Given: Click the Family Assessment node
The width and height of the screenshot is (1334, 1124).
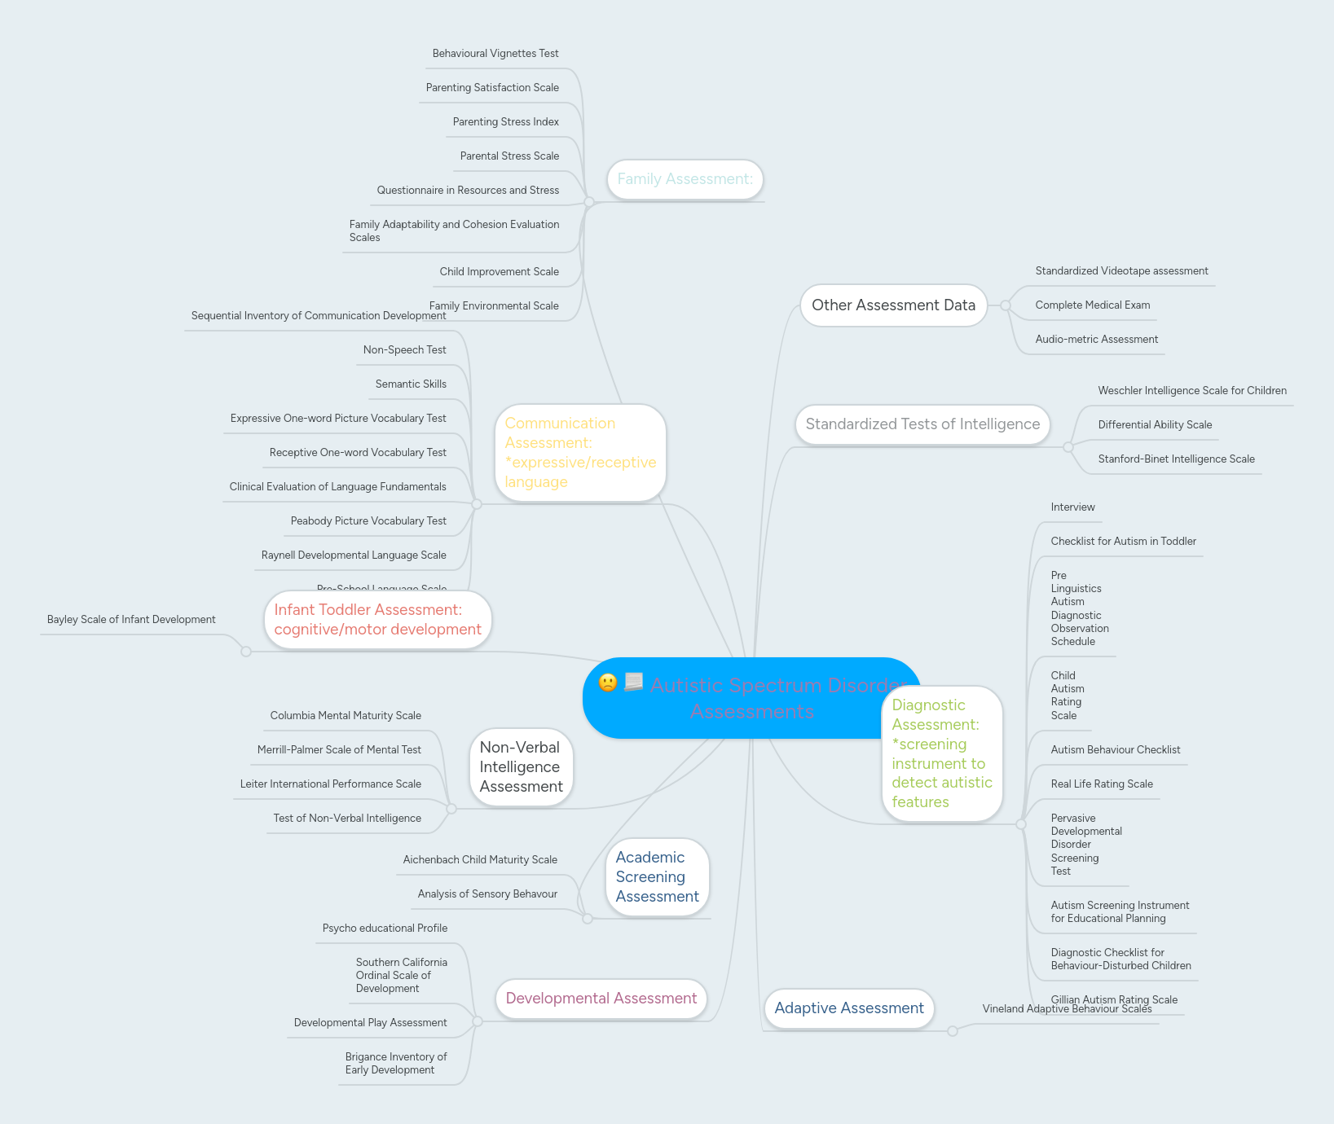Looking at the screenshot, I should [685, 179].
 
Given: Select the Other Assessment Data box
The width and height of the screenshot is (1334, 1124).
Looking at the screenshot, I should [893, 305].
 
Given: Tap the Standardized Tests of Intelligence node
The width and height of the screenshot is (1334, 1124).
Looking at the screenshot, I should [922, 424].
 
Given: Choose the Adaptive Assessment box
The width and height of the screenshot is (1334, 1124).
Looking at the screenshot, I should [848, 1008].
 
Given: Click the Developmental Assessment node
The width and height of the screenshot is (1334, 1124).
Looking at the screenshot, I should [601, 999].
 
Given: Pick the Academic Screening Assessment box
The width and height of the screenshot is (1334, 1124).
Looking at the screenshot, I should [657, 877].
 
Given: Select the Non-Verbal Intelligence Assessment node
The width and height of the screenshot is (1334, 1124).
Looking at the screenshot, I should [521, 767].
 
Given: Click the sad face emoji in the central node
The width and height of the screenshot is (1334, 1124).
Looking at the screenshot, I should [608, 683].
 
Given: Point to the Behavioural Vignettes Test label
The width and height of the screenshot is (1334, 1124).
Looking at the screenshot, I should [495, 54].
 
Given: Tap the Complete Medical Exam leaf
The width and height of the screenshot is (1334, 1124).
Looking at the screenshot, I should [1092, 305].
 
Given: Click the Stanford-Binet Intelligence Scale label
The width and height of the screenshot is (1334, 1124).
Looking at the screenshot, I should [1176, 459].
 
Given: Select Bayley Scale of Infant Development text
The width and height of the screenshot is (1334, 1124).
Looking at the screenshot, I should [131, 620].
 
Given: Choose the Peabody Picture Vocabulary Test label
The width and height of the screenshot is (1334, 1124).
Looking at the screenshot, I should [368, 521].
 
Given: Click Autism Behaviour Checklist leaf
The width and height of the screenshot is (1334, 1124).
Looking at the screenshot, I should [1115, 750].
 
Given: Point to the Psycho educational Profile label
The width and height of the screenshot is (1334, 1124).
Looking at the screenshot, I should [385, 929].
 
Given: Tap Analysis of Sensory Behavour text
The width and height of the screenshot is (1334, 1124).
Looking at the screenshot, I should [487, 894].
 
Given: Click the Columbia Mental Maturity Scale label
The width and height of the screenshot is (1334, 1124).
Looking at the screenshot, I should [346, 716].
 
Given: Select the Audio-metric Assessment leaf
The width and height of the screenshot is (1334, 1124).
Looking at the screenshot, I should [1096, 340].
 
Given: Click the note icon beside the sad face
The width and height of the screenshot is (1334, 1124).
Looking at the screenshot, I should [634, 682].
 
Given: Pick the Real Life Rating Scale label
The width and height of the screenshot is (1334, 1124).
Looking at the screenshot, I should [1102, 784].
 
